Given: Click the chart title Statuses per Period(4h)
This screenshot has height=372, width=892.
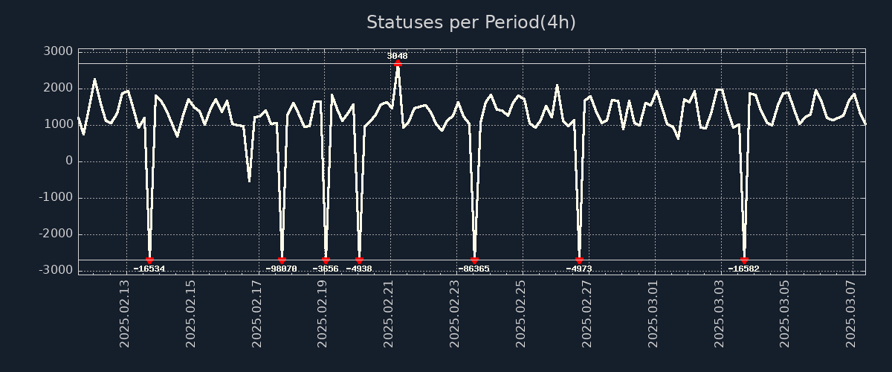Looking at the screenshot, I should tap(471, 22).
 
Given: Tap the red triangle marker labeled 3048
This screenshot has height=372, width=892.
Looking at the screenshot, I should tap(398, 63).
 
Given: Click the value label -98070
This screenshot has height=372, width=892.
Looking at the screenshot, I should tap(281, 269).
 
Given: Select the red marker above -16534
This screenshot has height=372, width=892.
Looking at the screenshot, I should tap(149, 260).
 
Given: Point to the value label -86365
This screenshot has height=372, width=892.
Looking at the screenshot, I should tap(474, 269).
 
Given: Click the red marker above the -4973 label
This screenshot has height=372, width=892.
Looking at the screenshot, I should tap(579, 260).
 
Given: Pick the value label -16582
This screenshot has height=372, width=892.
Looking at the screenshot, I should tap(743, 269).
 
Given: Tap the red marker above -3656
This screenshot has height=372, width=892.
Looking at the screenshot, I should tap(326, 260).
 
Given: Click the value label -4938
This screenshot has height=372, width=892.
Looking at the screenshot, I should tap(359, 269).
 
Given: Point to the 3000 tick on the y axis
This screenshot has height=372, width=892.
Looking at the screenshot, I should tap(59, 51).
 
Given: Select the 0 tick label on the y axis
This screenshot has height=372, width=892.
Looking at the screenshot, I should tap(68, 161).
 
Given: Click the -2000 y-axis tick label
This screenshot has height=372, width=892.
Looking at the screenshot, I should tap(55, 234).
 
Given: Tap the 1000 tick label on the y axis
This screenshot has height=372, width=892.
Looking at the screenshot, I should tap(59, 124).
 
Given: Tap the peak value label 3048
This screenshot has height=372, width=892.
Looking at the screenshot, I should tap(397, 56).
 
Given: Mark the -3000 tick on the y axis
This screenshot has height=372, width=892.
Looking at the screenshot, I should tap(55, 270).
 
